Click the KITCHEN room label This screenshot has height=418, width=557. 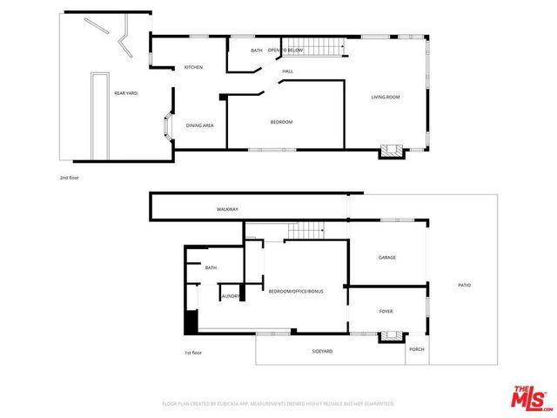tap(193, 67)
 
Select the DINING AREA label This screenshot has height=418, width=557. tap(200, 125)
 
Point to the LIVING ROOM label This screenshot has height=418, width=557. tap(385, 97)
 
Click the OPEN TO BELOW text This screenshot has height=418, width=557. tap(285, 51)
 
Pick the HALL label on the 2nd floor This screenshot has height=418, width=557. tap(287, 71)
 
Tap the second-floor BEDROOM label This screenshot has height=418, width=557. tap(281, 122)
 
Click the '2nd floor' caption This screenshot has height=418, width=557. tap(69, 178)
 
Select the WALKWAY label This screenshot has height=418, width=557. tap(227, 210)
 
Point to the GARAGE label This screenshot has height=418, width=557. tap(387, 258)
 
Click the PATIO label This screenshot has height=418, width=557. tap(465, 285)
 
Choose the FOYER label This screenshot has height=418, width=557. tap(386, 311)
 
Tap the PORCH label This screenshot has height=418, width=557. tap(416, 351)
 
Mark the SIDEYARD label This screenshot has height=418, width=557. tap(322, 351)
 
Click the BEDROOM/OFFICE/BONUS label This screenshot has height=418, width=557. tap(296, 291)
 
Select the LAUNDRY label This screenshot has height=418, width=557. tap(231, 296)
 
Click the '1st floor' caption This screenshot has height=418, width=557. tap(193, 353)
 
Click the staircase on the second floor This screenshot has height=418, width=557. tap(316, 45)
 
